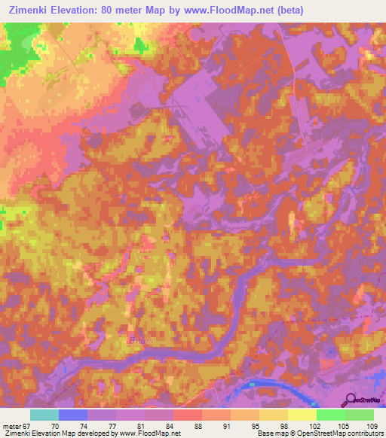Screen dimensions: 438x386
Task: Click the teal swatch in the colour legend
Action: tap(44, 415)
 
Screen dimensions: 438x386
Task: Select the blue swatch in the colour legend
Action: tap(72, 415)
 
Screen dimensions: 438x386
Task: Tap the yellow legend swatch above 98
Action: tap(273, 415)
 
